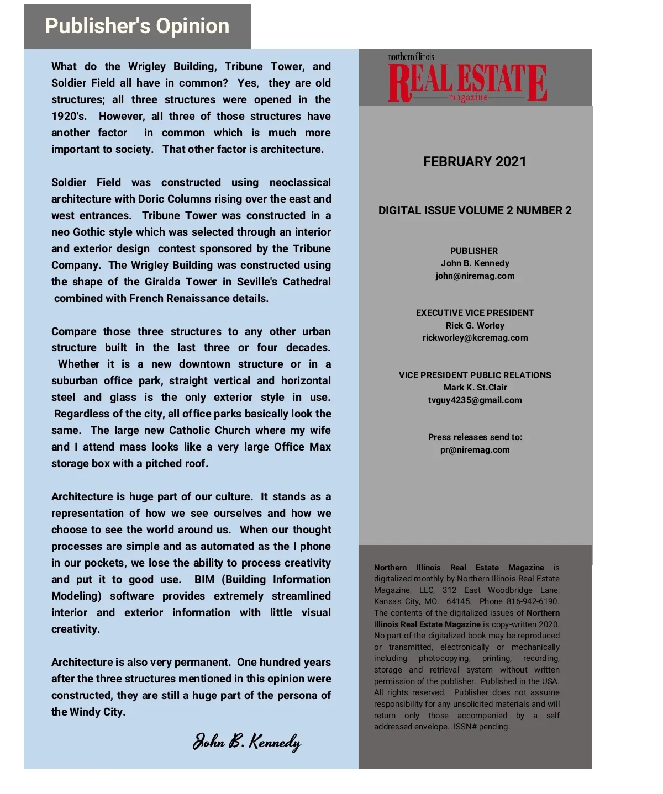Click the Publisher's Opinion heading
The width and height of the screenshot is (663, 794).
coord(137,26)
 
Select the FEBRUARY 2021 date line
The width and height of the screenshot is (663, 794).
coord(475,162)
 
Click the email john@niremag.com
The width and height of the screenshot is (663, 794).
coord(475,276)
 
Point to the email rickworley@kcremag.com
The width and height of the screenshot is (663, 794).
coord(475,338)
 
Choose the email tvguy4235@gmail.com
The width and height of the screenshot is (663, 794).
coord(475,400)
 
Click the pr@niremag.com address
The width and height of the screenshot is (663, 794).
coord(475,450)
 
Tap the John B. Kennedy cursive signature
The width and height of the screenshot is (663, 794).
coord(246,742)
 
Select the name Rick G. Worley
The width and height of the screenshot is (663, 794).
coord(475,326)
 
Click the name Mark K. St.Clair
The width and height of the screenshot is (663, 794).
coord(475,388)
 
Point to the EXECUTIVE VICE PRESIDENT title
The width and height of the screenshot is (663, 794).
coord(475,313)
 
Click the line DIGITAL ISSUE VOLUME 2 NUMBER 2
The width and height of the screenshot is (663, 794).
coord(475,210)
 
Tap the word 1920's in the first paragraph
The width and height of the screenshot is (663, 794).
coord(69,117)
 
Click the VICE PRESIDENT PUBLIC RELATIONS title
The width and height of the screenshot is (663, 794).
coord(475,375)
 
